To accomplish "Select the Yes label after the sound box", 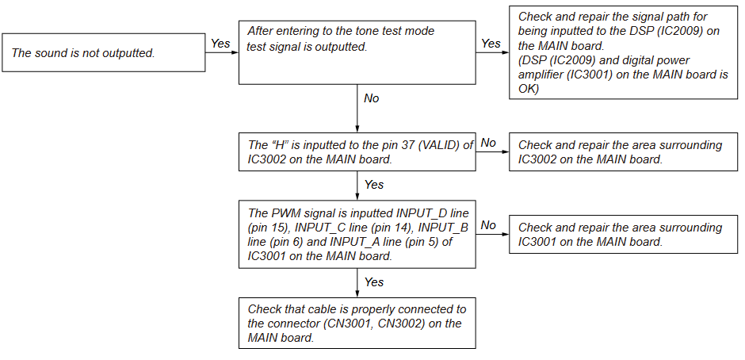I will click(220, 44).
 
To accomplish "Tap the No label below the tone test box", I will click(371, 99).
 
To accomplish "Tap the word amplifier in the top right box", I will click(548, 75).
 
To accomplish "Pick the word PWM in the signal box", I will click(285, 213).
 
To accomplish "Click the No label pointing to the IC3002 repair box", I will click(488, 143).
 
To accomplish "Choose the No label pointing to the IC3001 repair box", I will click(488, 225).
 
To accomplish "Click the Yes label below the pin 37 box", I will click(373, 185).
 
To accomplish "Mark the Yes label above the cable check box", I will click(373, 282).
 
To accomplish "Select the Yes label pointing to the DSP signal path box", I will click(491, 44).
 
